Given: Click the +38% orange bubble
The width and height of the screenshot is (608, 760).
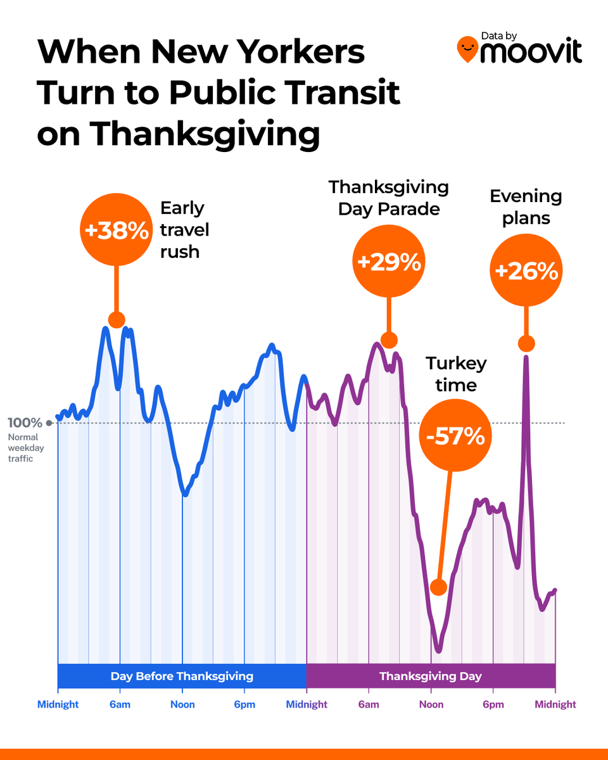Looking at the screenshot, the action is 116,231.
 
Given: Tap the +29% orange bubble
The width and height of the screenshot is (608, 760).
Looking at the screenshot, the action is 389,262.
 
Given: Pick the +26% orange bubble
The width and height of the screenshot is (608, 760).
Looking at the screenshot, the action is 526,271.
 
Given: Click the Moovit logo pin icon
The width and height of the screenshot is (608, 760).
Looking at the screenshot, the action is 467,49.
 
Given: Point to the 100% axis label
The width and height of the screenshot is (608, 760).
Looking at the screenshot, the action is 25,423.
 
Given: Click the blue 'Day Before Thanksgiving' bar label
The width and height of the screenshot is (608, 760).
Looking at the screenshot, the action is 182,676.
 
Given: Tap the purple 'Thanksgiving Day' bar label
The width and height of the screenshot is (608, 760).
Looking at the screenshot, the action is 431,676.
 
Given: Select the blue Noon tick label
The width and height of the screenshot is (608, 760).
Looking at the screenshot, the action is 182,704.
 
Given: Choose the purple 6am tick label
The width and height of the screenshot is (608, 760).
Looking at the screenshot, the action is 369,704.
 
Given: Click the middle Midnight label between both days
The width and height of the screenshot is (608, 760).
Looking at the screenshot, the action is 307,704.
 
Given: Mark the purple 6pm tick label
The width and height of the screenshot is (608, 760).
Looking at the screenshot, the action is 493,704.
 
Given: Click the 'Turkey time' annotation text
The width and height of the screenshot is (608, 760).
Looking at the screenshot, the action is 456,374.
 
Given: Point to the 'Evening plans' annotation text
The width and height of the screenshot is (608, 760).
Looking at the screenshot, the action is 526,207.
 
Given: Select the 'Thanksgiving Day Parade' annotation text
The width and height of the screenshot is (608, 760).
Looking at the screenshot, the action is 389,198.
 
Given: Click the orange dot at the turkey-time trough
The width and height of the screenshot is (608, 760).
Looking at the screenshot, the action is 438,586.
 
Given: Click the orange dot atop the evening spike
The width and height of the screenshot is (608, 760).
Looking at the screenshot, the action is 526,344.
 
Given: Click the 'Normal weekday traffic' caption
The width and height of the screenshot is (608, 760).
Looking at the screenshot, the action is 23,447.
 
